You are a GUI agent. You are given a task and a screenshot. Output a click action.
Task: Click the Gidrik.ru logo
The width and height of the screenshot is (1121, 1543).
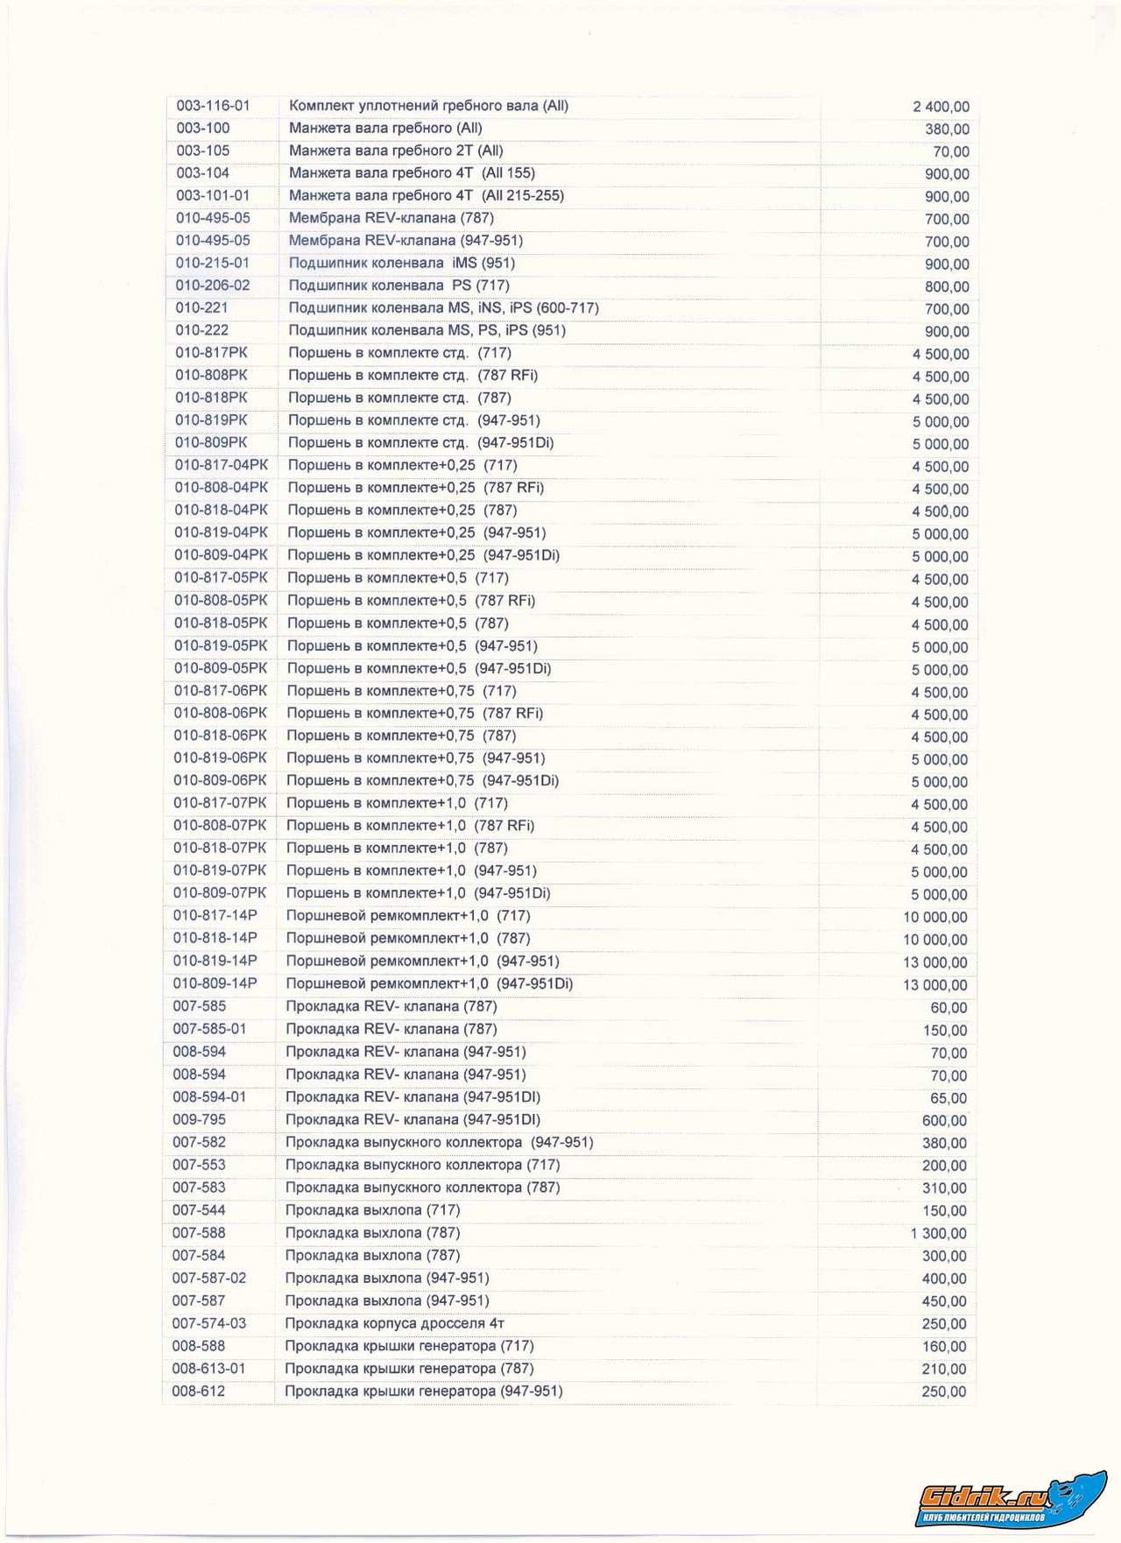click(1012, 1500)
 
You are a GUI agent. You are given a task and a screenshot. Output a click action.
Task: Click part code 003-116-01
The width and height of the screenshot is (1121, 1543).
click(213, 106)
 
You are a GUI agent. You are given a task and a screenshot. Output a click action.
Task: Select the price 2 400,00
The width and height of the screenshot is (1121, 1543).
click(941, 107)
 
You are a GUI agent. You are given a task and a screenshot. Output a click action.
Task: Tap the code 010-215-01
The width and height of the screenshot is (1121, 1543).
click(212, 264)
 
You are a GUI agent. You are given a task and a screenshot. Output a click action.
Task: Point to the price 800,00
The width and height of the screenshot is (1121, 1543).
click(947, 287)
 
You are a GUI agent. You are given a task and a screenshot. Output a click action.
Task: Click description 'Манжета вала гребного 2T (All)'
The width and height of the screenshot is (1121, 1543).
click(396, 151)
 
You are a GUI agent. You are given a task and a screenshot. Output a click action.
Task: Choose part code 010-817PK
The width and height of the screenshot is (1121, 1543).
click(211, 353)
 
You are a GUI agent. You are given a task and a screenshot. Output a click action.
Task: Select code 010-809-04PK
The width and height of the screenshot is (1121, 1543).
click(221, 555)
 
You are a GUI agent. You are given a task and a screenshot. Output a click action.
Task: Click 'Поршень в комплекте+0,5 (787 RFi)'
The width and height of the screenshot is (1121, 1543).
click(411, 601)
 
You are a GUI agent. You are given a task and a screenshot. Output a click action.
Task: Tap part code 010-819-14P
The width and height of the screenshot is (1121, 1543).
click(215, 961)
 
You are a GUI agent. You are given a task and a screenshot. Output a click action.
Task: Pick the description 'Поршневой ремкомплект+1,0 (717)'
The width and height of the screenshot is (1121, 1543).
click(408, 916)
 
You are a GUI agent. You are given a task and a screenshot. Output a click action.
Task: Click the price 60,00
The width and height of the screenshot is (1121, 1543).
click(948, 1008)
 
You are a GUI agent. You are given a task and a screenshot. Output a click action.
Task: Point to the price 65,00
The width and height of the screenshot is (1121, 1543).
click(948, 1098)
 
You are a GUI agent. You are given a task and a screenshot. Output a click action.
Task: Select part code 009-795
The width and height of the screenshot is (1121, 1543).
click(199, 1120)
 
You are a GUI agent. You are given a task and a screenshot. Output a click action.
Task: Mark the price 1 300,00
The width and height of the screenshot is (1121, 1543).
click(938, 1234)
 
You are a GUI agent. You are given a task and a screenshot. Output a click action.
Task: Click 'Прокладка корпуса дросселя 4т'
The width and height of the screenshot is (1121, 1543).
click(394, 1323)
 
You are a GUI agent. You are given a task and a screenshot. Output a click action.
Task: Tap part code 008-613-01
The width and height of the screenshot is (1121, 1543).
click(208, 1369)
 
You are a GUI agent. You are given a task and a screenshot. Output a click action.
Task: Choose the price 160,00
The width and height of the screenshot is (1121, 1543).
click(944, 1347)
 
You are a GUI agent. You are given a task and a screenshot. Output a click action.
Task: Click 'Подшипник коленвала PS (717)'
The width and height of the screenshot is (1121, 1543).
click(398, 285)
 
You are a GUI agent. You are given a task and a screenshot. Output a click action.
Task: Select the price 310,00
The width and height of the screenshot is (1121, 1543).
click(944, 1188)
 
